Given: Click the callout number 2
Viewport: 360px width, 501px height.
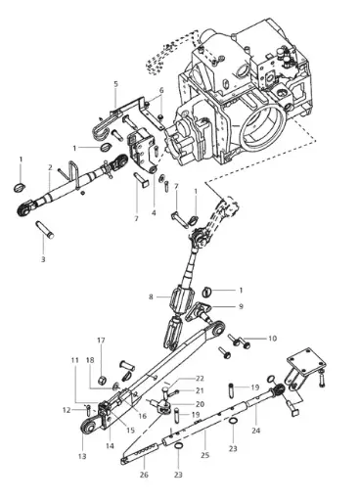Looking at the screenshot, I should coord(49,167).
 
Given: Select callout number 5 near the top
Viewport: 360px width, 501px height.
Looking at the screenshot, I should coord(114,84).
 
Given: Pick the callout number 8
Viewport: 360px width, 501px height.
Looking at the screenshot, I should coord(151,296).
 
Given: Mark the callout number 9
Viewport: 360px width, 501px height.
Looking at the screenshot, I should coord(240,305).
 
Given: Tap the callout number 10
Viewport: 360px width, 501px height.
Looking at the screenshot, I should coord(272,339).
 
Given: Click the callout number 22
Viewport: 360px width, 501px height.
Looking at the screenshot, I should coord(200,378).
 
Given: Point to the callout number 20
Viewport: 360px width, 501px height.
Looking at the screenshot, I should coord(200,403).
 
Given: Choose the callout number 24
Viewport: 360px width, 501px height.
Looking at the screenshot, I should coord(256,430).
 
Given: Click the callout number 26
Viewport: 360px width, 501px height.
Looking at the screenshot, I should coord(144,476).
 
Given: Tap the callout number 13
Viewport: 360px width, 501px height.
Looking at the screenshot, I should coord(82,456).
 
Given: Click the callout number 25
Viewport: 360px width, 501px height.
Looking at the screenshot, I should coord(204,456).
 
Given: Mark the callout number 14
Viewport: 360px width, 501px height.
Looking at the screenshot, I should coord(110,445).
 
